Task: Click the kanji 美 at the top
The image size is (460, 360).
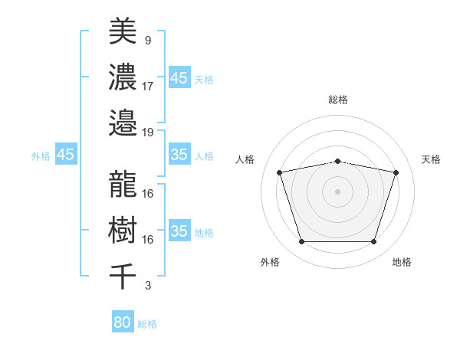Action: coord(123,31)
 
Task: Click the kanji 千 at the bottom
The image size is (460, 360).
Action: coord(123,276)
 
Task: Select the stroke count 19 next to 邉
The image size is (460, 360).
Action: coord(148,132)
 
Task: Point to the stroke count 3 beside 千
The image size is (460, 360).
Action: coord(147,286)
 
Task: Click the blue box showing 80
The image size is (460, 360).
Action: coord(123,322)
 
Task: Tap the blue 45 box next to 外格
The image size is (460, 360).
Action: coord(65,155)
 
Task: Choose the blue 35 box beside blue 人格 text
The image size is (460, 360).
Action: coord(179,155)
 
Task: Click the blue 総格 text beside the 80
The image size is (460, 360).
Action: coord(147,324)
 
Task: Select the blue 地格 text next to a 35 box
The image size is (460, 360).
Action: coord(204,232)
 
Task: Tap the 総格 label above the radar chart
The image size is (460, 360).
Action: coord(338,100)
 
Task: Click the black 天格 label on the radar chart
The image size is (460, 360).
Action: coord(432,159)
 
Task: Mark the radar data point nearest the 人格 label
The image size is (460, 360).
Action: coord(280,173)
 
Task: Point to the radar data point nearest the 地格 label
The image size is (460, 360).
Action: coord(373,242)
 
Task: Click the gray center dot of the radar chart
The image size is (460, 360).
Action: coord(337,191)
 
